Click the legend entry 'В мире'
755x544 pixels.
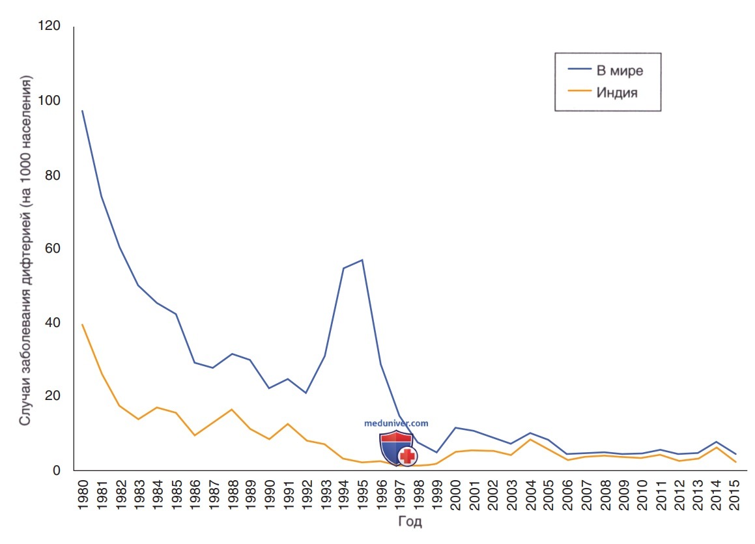pos(620,70)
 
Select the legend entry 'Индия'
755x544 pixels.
pos(617,92)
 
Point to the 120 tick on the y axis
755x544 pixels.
pos(49,25)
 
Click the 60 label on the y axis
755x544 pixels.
pos(53,248)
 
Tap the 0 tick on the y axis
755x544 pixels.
pos(56,470)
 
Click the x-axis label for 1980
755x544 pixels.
pos(83,494)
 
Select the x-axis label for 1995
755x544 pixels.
pos(363,494)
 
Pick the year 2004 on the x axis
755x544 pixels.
pos(530,494)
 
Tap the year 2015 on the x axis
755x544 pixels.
pos(735,494)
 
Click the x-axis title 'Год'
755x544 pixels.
pos(410,521)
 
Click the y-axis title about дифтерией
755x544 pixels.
pos(25,250)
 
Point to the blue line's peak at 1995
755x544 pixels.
pos(362,260)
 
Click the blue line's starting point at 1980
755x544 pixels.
pos(82,111)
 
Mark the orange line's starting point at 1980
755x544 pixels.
pos(82,324)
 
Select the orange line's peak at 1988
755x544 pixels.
pos(232,409)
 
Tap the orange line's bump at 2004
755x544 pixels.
pos(530,439)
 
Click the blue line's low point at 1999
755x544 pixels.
pos(436,452)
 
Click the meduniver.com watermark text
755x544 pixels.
pos(396,423)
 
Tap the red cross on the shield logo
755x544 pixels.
pos(408,456)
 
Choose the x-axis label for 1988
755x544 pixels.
pos(232,494)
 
